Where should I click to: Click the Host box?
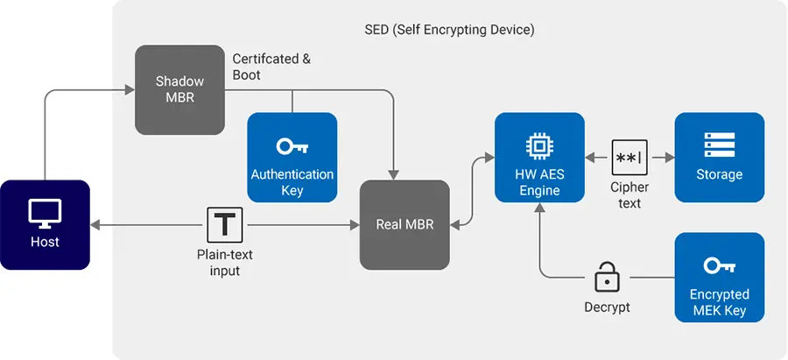point(45,224)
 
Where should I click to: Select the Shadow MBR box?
point(179,89)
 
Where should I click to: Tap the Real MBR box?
point(405,224)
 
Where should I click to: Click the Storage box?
point(719,157)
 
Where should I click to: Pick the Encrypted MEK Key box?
point(719,277)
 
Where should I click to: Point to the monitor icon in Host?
point(45,213)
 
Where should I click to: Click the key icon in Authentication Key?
point(292,145)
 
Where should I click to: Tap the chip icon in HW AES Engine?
point(539,145)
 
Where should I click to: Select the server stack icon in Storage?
point(719,145)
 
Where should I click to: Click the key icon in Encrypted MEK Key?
point(719,264)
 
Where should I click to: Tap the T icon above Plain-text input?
point(225,225)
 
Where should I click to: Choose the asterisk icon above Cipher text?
point(629,158)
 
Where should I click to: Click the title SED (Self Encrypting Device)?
point(449,30)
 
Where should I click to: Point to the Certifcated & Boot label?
point(271,67)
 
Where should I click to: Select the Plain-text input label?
point(225,263)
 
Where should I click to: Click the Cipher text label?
point(629,195)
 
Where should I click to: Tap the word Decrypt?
point(607,307)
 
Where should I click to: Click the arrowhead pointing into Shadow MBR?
point(130,89)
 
